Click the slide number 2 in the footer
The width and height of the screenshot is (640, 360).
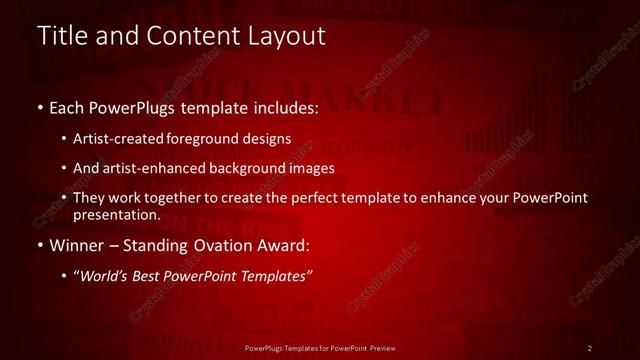(x=590, y=348)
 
